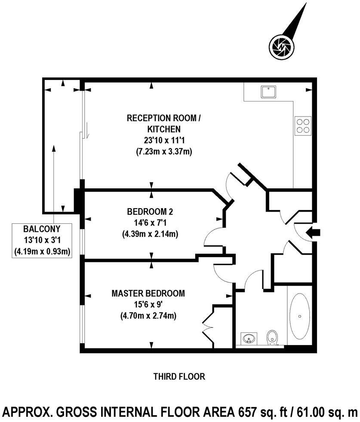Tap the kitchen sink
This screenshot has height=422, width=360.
[268, 91]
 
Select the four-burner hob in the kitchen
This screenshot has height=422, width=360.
[302, 125]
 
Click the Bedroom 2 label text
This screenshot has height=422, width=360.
[150, 212]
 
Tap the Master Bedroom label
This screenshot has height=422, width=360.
[148, 293]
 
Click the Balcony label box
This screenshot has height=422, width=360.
[42, 240]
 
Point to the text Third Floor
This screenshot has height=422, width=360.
[179, 377]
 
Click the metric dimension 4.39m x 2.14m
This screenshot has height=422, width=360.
[150, 234]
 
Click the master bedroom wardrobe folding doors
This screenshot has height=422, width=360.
[208, 327]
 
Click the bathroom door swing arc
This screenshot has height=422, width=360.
[249, 278]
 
